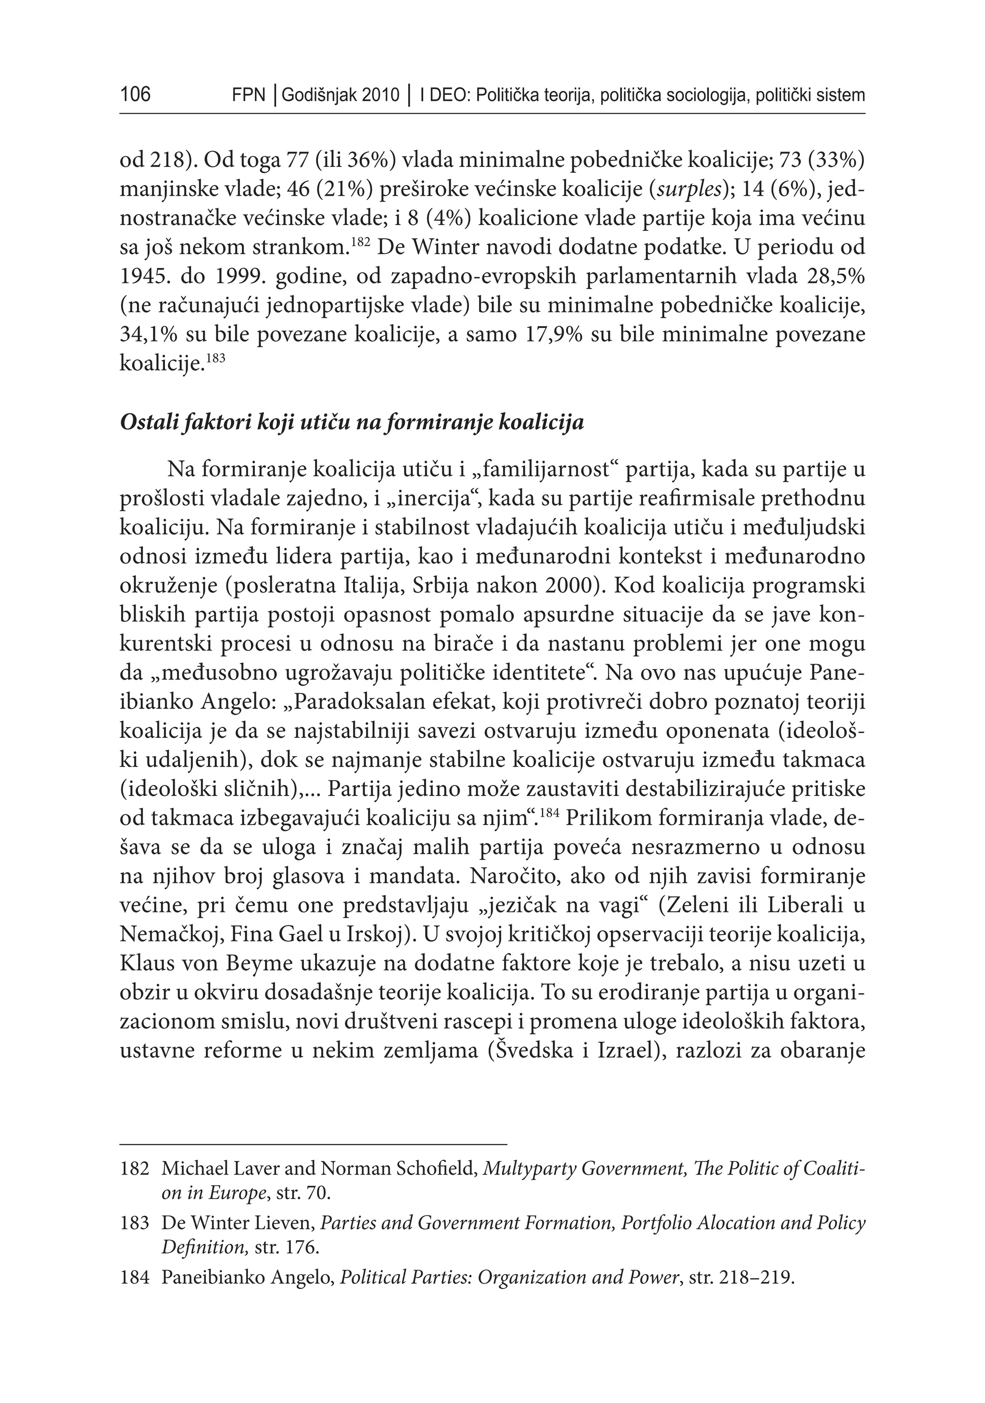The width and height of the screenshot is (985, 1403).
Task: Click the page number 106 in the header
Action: tap(135, 95)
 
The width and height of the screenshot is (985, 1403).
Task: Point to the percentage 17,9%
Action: tap(554, 335)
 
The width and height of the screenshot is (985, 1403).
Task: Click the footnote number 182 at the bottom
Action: tap(135, 1168)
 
